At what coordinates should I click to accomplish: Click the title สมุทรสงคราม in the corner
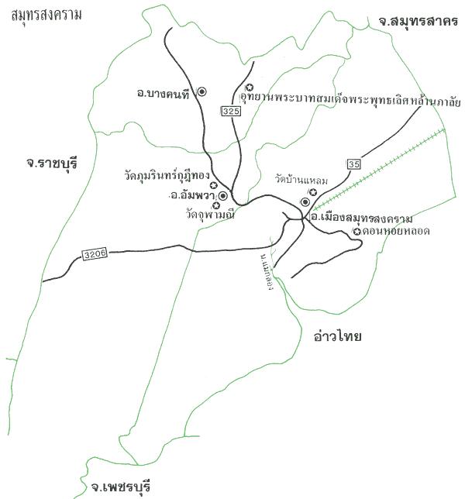click(x=46, y=15)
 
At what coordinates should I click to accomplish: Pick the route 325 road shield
click(x=231, y=112)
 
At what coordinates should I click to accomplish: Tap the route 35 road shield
click(x=354, y=163)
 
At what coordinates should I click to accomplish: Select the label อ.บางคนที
click(x=164, y=94)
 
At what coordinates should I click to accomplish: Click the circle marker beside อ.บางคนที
click(x=201, y=91)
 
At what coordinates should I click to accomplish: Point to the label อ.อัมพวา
click(x=193, y=196)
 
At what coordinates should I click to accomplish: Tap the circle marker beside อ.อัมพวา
click(x=222, y=196)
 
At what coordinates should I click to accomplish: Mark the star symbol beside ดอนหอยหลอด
click(x=356, y=232)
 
